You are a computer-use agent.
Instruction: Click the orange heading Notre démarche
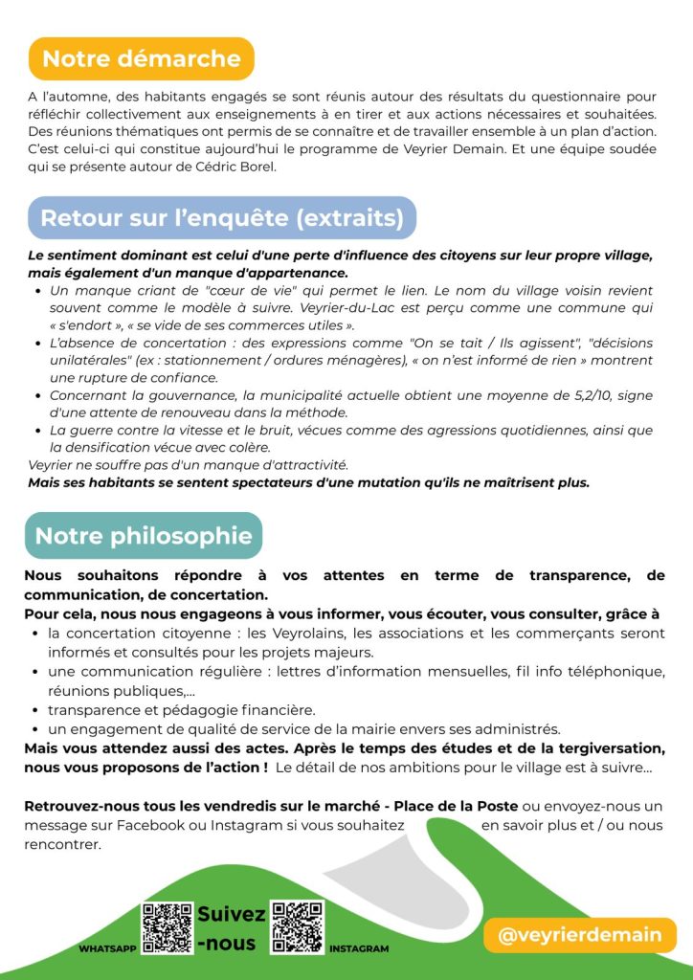[141, 58]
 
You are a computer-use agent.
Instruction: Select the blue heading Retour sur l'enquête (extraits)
[222, 217]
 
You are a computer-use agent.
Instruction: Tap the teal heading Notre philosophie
[144, 535]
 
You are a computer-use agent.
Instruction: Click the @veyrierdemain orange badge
[580, 934]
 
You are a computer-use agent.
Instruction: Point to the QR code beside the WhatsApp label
[167, 926]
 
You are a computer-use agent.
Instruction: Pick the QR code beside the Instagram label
[297, 926]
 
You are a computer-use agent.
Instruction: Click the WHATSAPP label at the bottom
[107, 948]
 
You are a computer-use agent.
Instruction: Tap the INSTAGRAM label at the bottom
[359, 948]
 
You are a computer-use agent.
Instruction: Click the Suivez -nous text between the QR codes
[231, 928]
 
